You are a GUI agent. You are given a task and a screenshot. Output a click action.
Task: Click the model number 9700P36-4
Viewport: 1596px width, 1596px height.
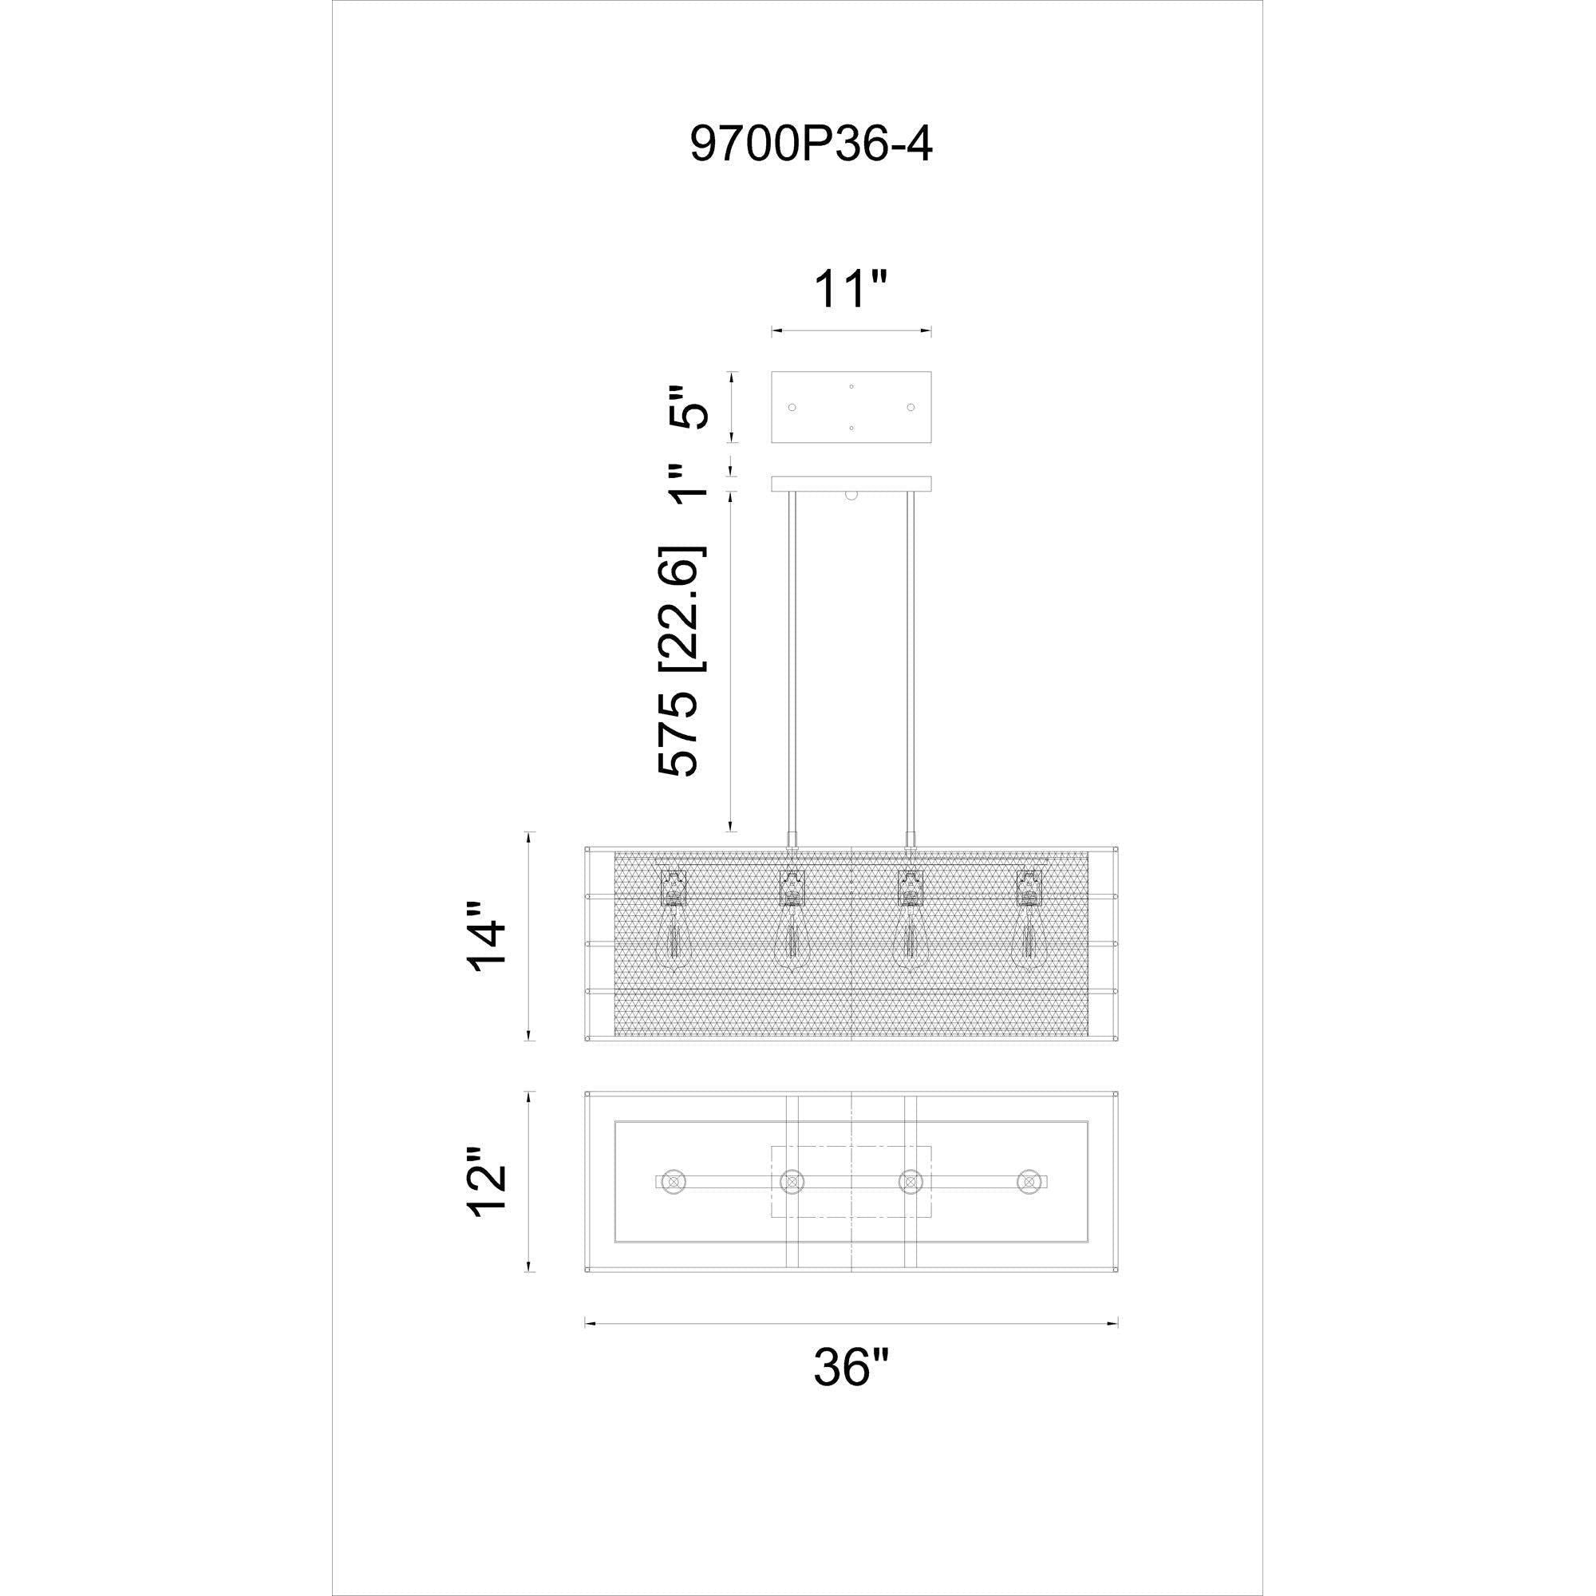pos(811,144)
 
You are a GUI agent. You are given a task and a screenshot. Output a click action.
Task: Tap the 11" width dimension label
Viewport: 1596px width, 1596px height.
pos(850,288)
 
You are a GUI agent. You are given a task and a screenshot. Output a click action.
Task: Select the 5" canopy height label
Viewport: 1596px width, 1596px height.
pos(686,405)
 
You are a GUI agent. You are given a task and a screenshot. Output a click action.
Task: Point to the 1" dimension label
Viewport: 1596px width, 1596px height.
pos(686,484)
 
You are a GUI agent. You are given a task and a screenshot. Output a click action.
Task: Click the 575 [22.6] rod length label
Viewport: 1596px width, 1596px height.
pos(681,660)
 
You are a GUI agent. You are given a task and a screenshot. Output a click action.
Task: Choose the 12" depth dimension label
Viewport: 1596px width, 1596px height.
pos(486,1181)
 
